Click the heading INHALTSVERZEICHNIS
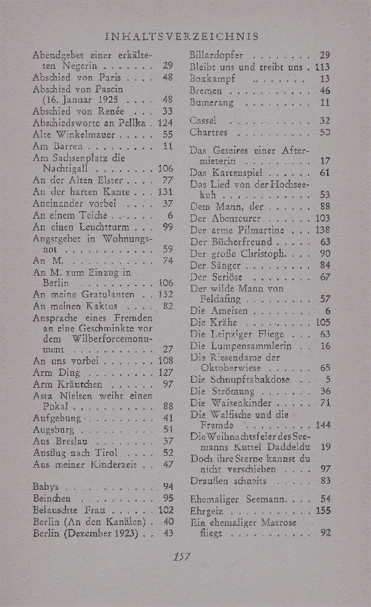[x=182, y=37]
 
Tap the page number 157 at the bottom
[x=182, y=556]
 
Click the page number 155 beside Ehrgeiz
[x=323, y=510]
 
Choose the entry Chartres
[x=209, y=133]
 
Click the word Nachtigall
[x=67, y=168]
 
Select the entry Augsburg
[x=53, y=429]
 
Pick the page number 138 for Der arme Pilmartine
[x=323, y=230]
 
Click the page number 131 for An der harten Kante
[x=164, y=192]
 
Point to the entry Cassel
[x=203, y=120]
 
